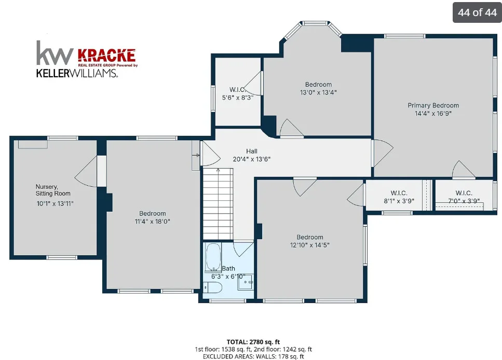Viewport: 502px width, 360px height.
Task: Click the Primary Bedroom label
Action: tap(433, 106)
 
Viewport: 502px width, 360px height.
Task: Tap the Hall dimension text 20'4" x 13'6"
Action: tap(252, 159)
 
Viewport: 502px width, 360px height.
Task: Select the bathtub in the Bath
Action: tap(213, 257)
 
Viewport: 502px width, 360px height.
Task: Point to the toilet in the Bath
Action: tap(213, 287)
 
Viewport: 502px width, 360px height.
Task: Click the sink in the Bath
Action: tap(245, 282)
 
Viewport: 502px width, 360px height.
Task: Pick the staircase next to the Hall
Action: tap(218, 204)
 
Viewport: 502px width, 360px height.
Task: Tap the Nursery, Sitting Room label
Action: tap(53, 190)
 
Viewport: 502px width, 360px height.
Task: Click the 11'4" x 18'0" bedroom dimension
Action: tap(153, 221)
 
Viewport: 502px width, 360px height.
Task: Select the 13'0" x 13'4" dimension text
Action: tap(318, 92)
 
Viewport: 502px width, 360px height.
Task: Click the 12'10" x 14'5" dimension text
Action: tap(309, 245)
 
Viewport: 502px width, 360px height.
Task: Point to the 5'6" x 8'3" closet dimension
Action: tap(238, 98)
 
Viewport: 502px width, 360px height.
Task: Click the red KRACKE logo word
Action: tap(106, 56)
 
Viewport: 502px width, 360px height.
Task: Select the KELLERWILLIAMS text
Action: tap(77, 73)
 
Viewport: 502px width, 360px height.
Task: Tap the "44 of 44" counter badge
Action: tap(477, 12)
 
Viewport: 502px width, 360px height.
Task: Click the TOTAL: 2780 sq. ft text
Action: tap(253, 342)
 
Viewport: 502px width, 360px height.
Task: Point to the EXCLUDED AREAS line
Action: tap(253, 356)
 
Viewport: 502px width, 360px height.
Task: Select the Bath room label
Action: tap(228, 269)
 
